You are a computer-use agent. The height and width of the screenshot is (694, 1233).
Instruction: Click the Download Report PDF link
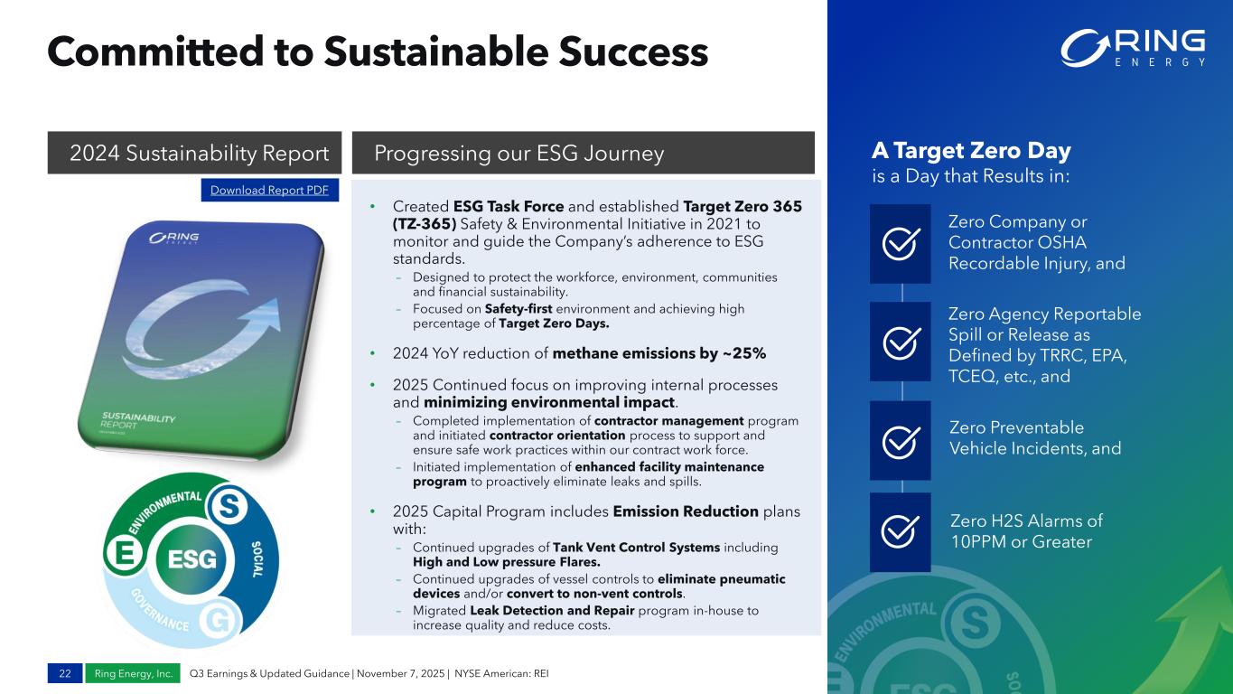click(x=269, y=190)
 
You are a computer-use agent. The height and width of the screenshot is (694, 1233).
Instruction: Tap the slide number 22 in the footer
click(x=65, y=673)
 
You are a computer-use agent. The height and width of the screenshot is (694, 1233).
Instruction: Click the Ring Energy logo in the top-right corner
click(x=1133, y=49)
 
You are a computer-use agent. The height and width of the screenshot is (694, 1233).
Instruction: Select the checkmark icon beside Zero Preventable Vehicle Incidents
click(x=901, y=441)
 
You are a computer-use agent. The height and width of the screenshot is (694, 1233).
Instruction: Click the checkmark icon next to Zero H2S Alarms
click(x=900, y=531)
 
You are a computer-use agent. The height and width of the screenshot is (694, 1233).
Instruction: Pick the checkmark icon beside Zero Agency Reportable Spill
click(x=901, y=342)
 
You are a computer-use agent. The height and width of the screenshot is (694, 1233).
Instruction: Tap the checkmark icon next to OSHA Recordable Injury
click(x=901, y=243)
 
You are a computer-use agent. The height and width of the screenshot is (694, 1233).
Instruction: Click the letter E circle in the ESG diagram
click(x=125, y=552)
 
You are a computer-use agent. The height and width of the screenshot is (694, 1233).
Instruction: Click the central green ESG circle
click(x=191, y=559)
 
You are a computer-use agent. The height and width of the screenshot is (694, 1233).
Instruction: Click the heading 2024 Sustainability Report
click(x=200, y=153)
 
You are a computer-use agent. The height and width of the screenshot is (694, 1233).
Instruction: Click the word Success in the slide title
click(x=633, y=52)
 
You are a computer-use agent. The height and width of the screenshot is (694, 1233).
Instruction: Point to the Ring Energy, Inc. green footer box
click(x=133, y=673)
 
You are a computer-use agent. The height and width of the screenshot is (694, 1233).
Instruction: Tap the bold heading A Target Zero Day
click(x=972, y=150)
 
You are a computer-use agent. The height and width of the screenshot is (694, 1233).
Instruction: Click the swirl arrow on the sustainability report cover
click(x=201, y=331)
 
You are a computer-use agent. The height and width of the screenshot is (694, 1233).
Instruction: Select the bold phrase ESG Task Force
click(x=508, y=206)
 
